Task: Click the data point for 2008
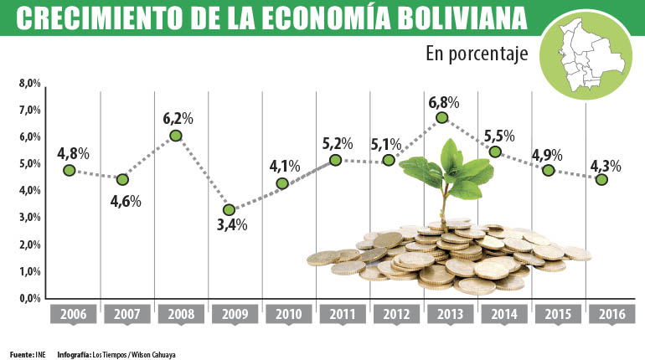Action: point(176,136)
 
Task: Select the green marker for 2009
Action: point(229,209)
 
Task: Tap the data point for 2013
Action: point(442,117)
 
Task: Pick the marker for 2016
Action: point(601,179)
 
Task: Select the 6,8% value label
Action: point(443,102)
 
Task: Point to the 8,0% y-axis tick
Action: point(30,84)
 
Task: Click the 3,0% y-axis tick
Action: point(30,218)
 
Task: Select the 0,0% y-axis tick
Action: point(30,298)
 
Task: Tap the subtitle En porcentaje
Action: point(477,55)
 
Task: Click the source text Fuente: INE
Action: point(27,354)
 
